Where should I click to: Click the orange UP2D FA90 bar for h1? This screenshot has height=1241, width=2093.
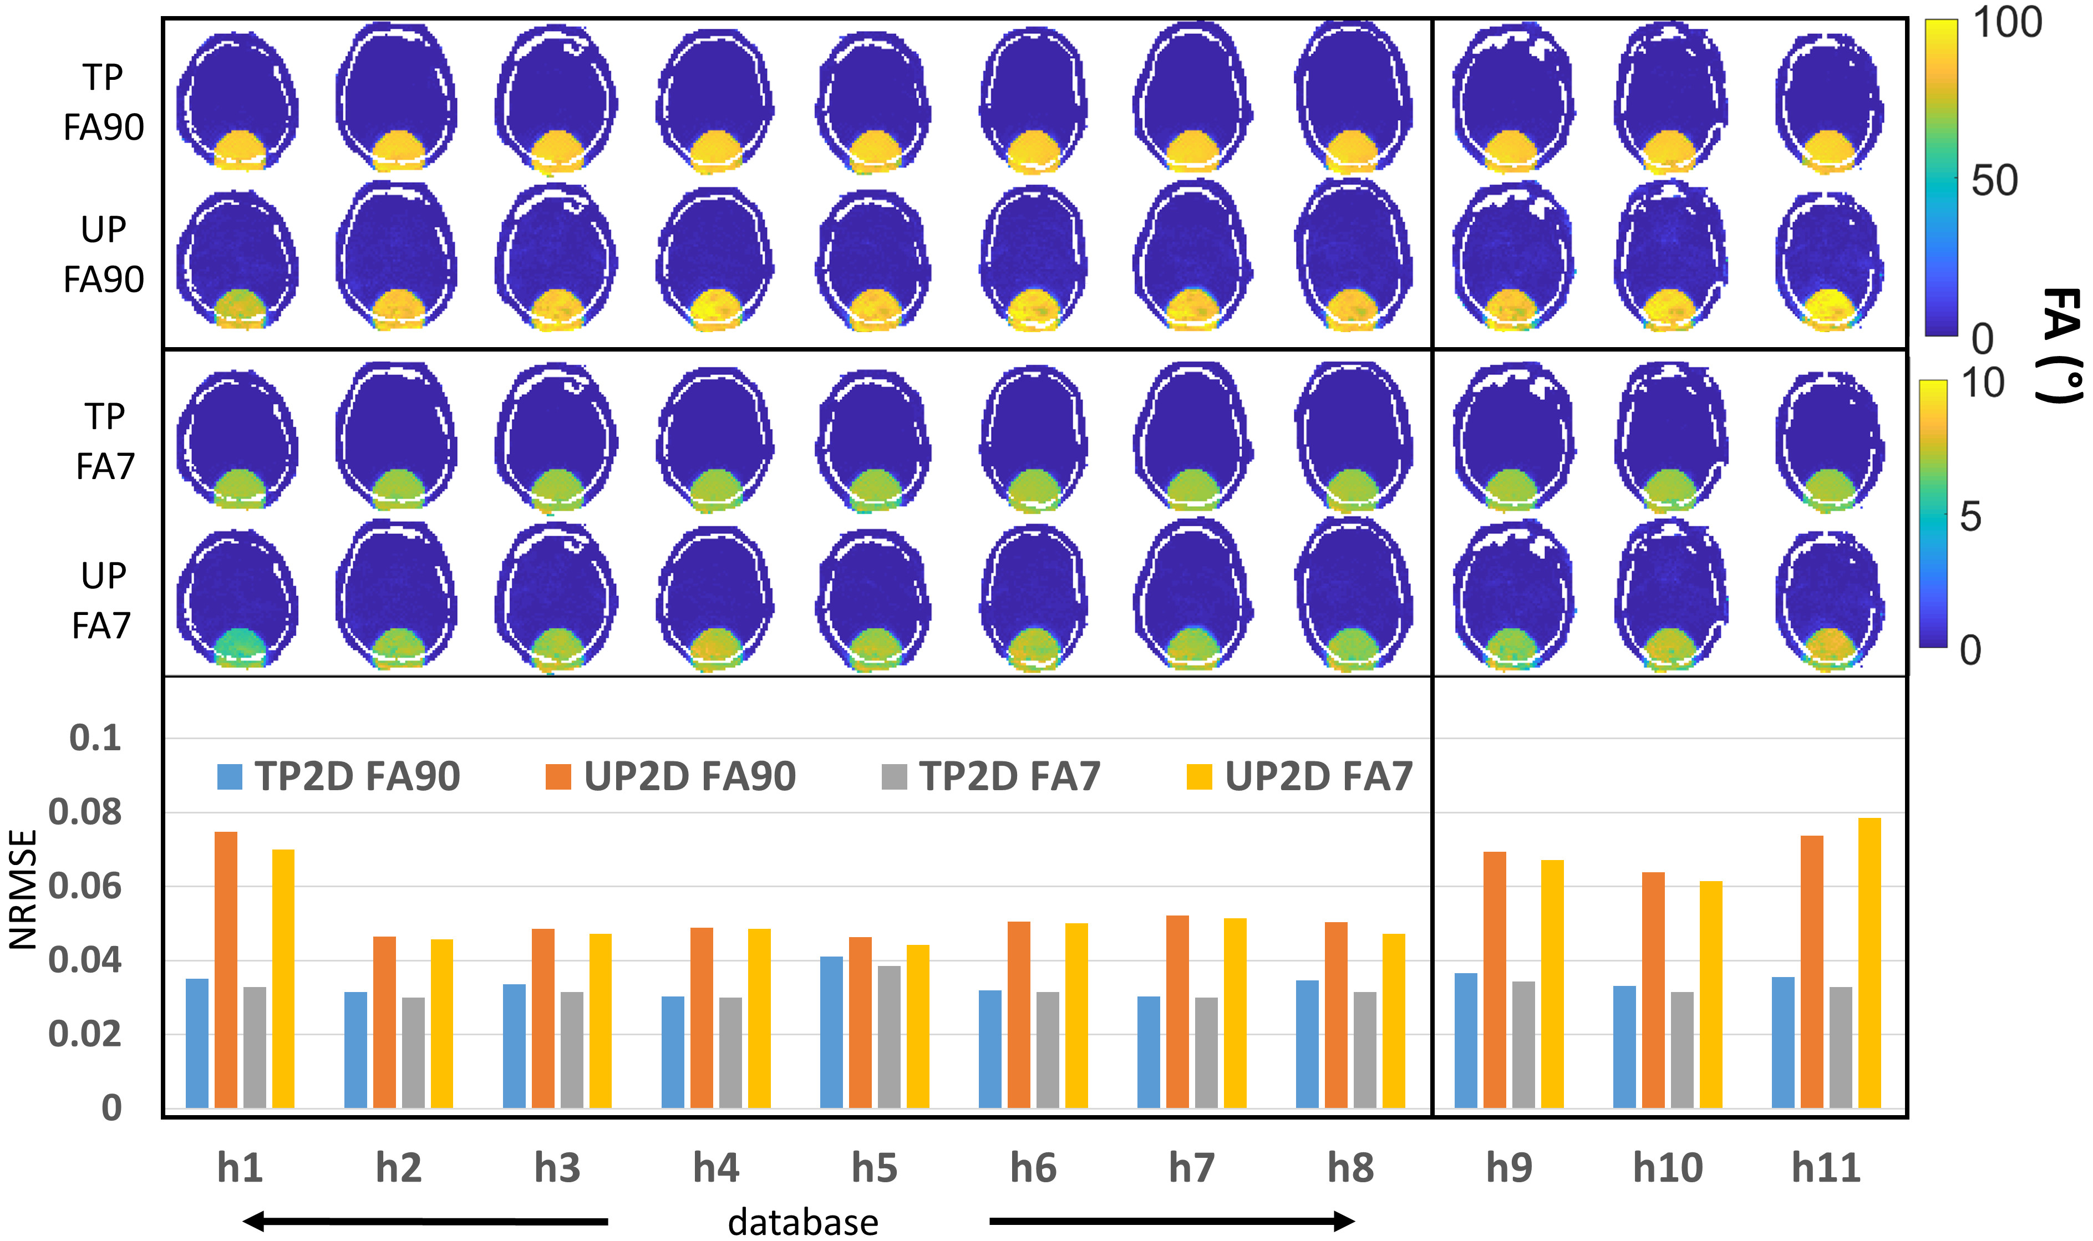tap(226, 969)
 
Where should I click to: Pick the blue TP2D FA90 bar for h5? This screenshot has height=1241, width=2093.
tap(831, 1032)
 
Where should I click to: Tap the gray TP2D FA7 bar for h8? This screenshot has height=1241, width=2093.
tap(1365, 1050)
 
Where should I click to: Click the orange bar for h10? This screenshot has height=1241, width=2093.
tap(1653, 990)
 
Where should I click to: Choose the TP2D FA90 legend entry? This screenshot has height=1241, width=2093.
tap(339, 776)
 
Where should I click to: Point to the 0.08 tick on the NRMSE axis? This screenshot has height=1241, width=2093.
tap(84, 812)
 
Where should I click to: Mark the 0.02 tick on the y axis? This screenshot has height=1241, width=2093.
tap(84, 1035)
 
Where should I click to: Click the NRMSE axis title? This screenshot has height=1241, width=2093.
tap(23, 889)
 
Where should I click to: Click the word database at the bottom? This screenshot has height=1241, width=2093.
tap(802, 1222)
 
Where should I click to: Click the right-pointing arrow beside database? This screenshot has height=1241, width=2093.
tap(1171, 1222)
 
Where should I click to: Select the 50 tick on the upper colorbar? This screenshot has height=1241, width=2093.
tap(1994, 181)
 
